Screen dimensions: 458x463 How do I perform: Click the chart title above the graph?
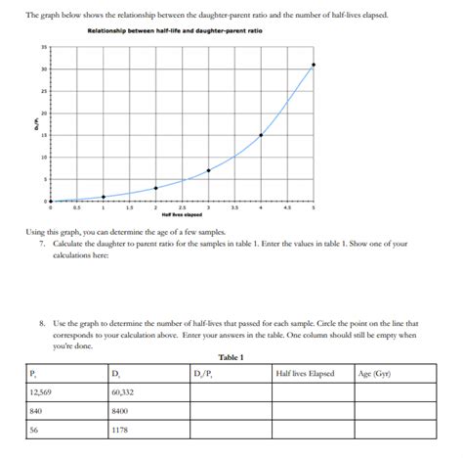[x=175, y=32]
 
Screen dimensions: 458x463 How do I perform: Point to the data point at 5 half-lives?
[x=314, y=65]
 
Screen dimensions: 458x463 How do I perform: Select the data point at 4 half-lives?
[x=261, y=135]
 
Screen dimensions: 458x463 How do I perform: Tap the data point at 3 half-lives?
[x=208, y=170]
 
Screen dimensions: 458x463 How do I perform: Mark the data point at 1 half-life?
[x=103, y=197]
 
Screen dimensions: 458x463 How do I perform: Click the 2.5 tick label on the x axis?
[x=182, y=208]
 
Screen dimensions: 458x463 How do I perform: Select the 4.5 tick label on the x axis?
[x=287, y=208]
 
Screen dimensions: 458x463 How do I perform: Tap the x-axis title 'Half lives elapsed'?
[x=183, y=215]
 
